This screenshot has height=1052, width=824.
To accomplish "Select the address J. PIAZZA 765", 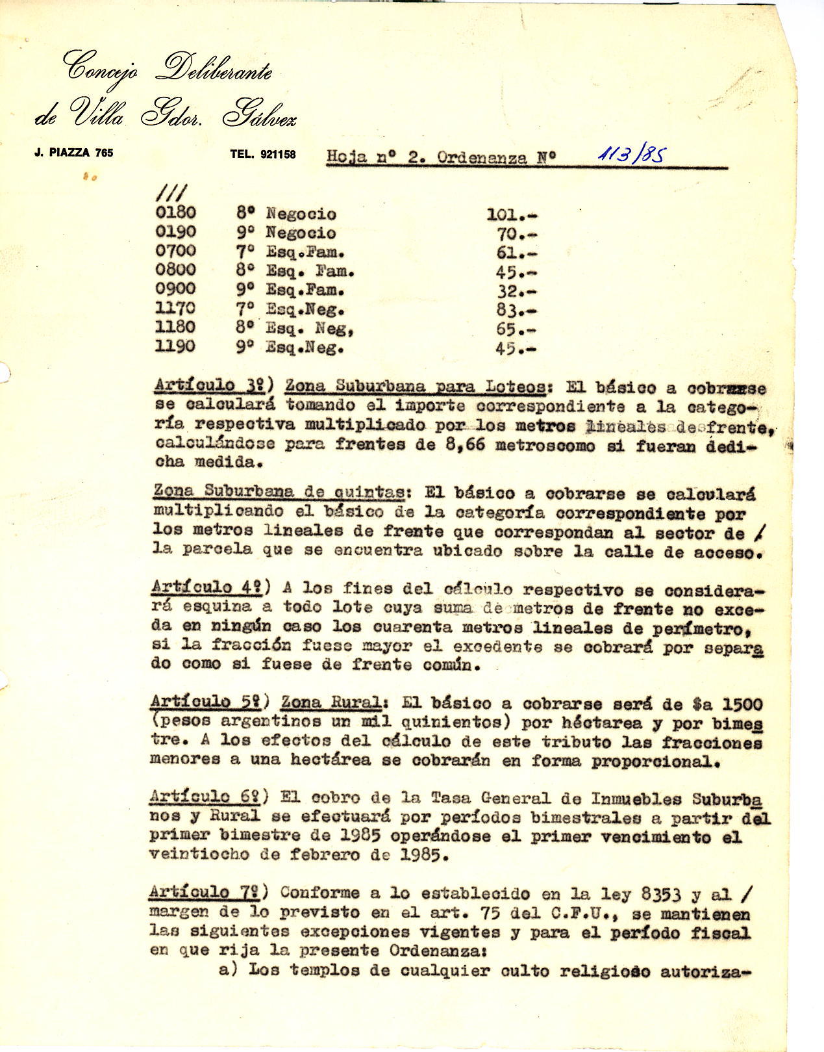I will click(x=73, y=153).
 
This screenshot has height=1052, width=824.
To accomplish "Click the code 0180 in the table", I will click(x=175, y=212).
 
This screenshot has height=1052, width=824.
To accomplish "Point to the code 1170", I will click(x=175, y=308).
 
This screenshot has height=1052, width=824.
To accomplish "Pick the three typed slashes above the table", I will click(x=170, y=193).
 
